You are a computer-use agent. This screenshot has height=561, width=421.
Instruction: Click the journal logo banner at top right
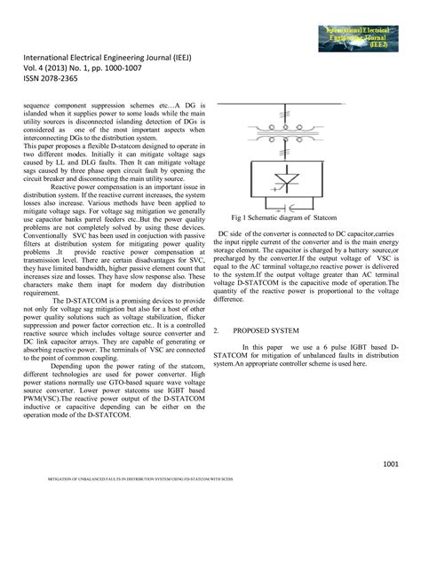(x=360, y=38)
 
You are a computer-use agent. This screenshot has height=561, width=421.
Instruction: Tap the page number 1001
(x=390, y=463)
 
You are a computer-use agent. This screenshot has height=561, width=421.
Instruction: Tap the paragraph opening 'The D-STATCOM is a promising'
(x=107, y=301)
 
